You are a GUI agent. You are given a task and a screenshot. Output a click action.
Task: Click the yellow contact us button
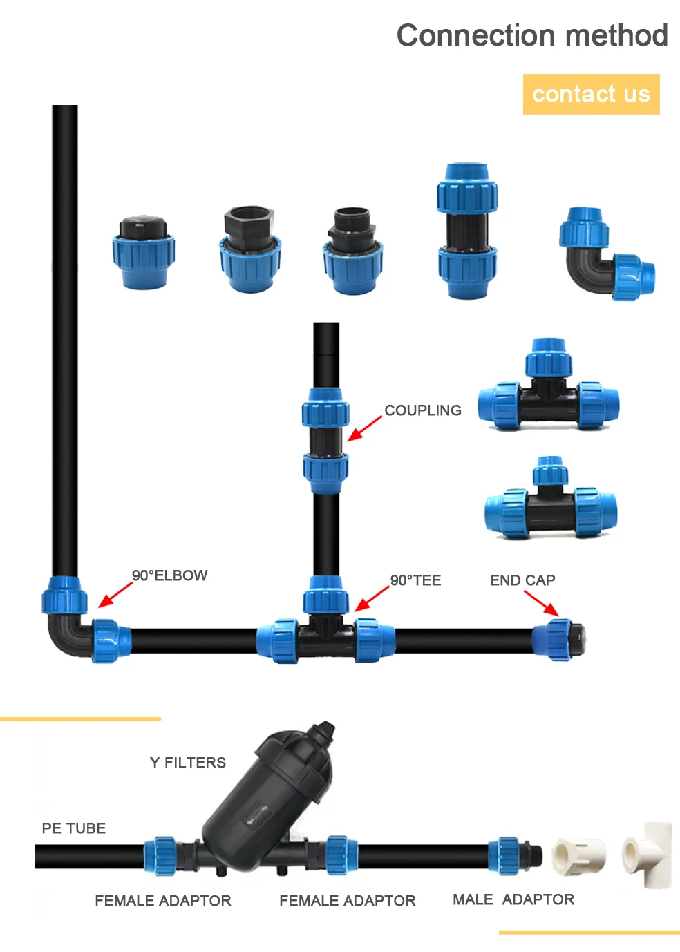coord(591,94)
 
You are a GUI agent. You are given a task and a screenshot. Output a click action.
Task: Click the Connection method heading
coord(531,35)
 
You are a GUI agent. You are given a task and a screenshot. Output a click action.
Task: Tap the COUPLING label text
coord(423,410)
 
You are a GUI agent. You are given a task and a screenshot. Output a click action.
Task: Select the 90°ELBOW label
coord(169,575)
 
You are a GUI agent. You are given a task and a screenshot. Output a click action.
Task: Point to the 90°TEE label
coord(415,580)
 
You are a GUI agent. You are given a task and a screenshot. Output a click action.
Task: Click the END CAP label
coord(522,580)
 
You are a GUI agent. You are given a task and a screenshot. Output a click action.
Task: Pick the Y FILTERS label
coord(188,763)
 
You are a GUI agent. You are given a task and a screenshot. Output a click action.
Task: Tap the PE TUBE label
coord(73,828)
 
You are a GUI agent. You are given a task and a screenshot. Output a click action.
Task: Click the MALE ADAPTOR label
coord(513,899)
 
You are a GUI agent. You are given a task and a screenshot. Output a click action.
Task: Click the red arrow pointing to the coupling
coord(364,428)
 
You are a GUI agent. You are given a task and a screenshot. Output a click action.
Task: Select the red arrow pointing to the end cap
coord(541,603)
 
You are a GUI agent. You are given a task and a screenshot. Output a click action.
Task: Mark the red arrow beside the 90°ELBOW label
coord(115,595)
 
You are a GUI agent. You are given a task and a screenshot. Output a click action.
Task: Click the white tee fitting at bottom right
coord(648,854)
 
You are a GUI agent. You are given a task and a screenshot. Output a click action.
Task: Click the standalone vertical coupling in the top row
coord(466,231)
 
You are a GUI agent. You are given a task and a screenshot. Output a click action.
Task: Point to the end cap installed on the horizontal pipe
coord(560,639)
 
